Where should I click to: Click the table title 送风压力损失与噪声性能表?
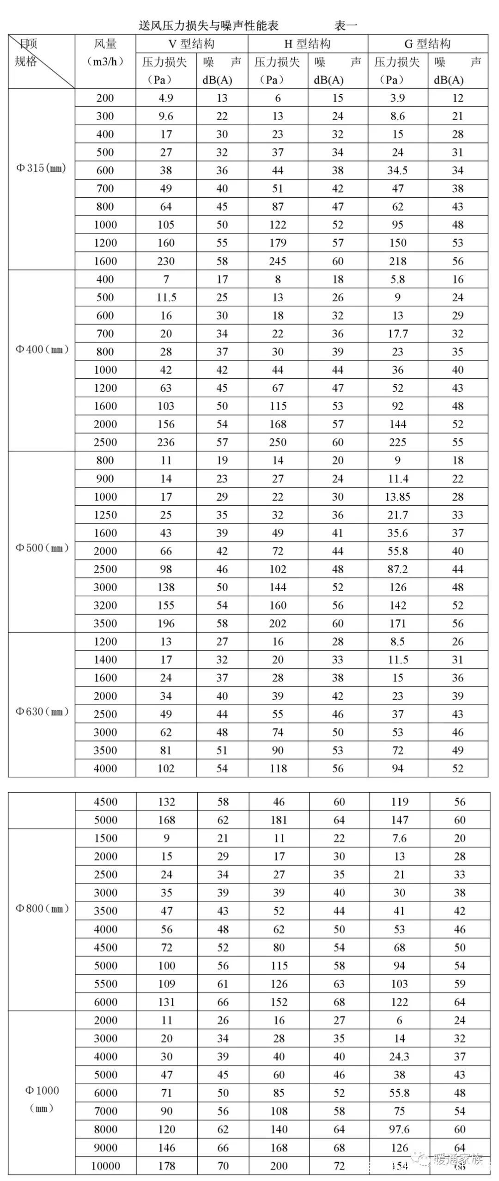tap(209, 25)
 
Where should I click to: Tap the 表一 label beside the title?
tap(346, 25)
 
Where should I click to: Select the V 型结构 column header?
tap(191, 44)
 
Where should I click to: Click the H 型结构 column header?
tap(307, 44)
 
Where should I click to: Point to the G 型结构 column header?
tap(427, 44)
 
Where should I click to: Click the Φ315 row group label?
tap(41, 168)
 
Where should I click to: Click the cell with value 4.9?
tap(166, 98)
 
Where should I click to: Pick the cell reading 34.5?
tap(397, 170)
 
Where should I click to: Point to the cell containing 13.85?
tap(397, 497)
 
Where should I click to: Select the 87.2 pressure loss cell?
tap(397, 569)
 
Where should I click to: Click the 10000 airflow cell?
tap(106, 1166)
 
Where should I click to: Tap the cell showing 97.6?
tap(399, 1129)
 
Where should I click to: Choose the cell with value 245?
tap(278, 261)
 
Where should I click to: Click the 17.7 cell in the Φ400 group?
tap(397, 334)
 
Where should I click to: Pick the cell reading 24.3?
tap(399, 1057)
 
